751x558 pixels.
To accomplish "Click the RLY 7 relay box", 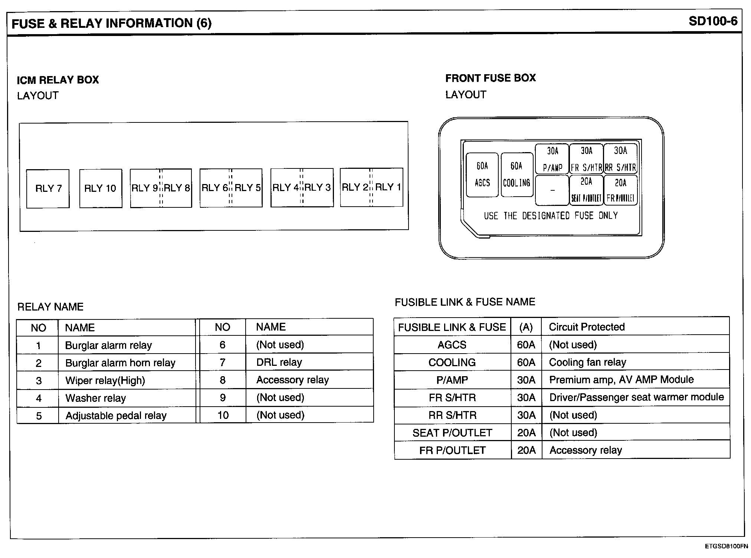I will point(48,188).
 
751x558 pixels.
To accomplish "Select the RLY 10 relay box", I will point(101,188).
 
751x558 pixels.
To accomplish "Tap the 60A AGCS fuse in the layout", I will point(482,174).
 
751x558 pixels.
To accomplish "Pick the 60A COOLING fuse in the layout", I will point(516,174).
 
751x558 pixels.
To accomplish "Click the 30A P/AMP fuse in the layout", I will point(552,159).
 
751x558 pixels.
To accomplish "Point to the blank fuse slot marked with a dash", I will point(552,190).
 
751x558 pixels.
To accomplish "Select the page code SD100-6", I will point(713,22).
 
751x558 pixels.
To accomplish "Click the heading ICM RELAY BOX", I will point(58,80).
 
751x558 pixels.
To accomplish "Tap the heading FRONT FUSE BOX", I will point(491,78).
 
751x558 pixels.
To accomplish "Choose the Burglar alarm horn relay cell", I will point(120,363).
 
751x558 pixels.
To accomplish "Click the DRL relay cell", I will point(279,362).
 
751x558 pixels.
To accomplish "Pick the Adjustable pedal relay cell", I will point(116,416).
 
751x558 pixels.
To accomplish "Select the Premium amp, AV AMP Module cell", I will point(621,380).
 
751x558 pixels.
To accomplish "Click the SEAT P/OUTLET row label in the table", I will point(452,433).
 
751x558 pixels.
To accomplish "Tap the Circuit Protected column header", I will point(587,327).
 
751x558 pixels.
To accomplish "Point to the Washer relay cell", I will point(96,398).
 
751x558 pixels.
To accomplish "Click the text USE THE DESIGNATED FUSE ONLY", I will point(551,216).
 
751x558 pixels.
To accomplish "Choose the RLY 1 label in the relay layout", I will point(388,187).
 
